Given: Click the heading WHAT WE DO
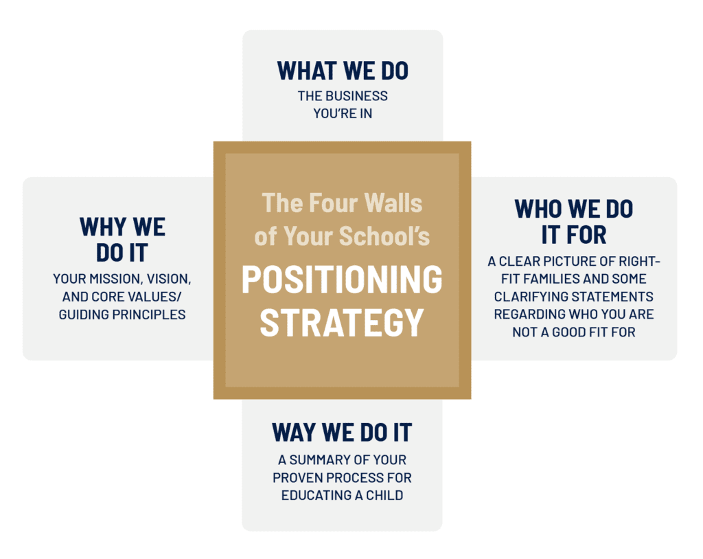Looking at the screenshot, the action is (x=343, y=71).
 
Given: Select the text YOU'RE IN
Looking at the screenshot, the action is (x=343, y=113).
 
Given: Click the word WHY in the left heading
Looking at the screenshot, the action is (x=103, y=227).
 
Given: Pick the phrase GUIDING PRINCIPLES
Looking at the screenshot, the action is (x=122, y=315).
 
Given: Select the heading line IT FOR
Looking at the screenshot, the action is (x=573, y=235).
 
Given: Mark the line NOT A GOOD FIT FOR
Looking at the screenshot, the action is (x=574, y=332).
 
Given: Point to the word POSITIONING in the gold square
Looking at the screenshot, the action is (x=342, y=279).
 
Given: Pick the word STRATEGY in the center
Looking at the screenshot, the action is (x=342, y=322).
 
